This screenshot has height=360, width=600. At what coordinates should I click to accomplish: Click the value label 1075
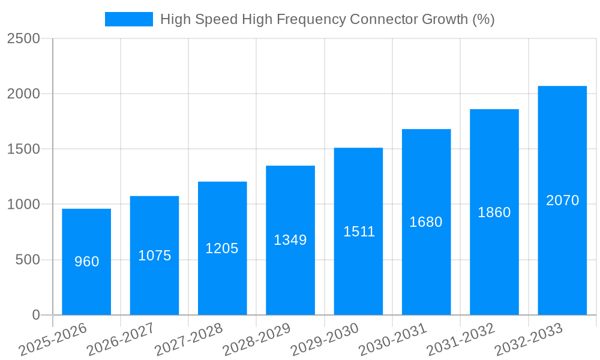[x=155, y=256]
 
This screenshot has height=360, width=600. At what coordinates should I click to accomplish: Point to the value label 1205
[x=222, y=248]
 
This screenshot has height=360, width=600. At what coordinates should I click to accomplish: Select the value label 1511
[x=359, y=232]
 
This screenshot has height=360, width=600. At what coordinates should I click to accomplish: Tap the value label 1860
[x=494, y=212]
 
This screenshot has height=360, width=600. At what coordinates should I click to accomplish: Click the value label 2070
[x=562, y=200]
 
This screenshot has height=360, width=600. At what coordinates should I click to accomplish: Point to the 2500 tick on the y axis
[x=23, y=39]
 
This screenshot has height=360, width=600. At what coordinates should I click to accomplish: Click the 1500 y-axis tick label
[x=23, y=149]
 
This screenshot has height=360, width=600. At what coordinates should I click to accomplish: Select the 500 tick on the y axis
[x=28, y=260]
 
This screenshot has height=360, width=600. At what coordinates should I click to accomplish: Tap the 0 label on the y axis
[x=35, y=315]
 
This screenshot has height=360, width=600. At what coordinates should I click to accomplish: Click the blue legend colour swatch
[x=128, y=19]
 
